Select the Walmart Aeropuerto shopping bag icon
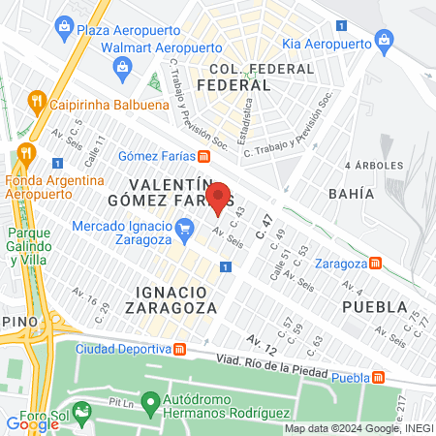[x=122, y=66]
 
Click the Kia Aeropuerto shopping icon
[x=386, y=43]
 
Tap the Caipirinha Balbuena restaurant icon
[x=36, y=100]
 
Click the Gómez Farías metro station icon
[x=203, y=156]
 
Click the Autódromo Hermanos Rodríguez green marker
[x=149, y=400]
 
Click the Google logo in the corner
[x=32, y=423]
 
